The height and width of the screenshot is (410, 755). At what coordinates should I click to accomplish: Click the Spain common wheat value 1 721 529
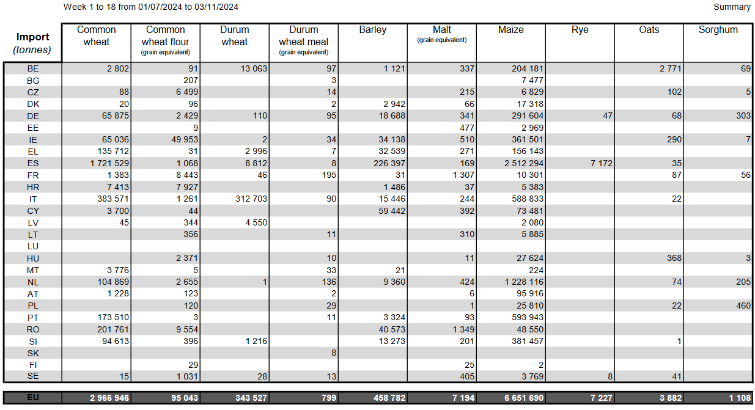(109, 163)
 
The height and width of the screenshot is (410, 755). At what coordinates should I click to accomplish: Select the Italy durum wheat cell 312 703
(251, 199)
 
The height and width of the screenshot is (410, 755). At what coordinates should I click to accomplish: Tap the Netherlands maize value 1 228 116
(524, 282)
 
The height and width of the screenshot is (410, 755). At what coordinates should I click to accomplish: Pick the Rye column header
(580, 30)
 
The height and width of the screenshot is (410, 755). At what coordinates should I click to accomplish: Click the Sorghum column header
(718, 30)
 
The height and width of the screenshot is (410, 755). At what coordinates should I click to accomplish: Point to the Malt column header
(441, 30)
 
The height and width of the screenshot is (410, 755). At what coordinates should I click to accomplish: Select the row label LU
(32, 247)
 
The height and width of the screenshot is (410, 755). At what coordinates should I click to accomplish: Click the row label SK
(32, 353)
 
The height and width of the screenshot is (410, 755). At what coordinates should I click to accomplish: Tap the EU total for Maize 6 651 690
(524, 398)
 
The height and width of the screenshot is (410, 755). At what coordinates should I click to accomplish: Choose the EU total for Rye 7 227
(602, 398)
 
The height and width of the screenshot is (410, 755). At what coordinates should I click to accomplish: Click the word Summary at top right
(732, 7)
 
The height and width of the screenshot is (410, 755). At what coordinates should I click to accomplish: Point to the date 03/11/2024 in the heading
(216, 7)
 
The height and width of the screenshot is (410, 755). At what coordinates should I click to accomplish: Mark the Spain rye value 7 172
(602, 163)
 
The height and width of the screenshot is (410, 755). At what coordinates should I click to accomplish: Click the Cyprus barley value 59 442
(392, 211)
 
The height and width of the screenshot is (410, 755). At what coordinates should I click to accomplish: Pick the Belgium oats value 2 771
(671, 68)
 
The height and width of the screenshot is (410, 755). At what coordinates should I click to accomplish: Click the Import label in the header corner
(32, 37)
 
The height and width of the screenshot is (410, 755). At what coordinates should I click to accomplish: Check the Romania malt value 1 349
(463, 329)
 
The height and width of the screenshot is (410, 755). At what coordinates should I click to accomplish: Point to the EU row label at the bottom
(32, 398)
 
